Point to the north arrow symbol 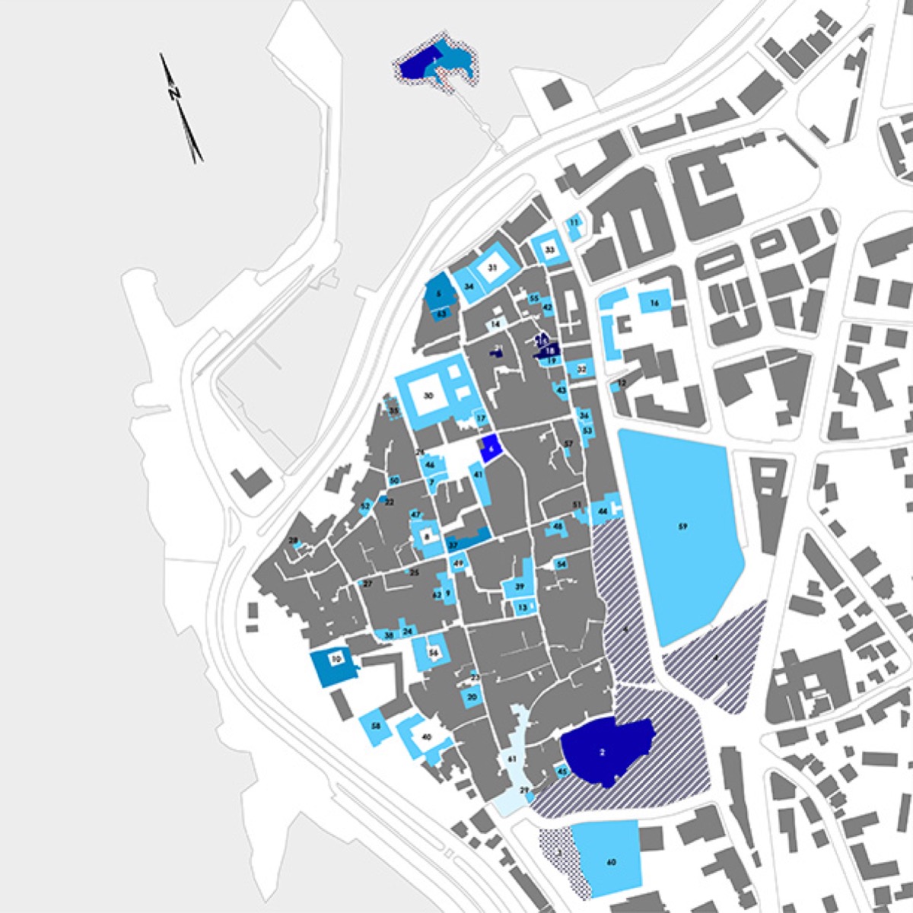pos(180,107)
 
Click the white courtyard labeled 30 pos(428,396)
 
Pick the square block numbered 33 pos(549,249)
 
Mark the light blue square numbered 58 pos(375,727)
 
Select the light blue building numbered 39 pos(519,587)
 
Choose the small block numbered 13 pos(523,607)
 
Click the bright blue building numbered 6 pos(491,449)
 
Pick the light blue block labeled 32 pos(582,370)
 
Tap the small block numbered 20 pos(472,697)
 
